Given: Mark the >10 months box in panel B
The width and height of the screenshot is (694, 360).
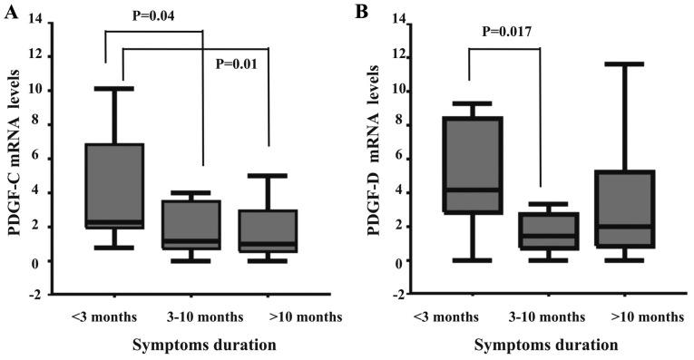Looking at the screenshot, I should pyautogui.click(x=615, y=209).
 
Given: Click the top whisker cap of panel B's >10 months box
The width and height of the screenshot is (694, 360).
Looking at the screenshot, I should pyautogui.click(x=615, y=63).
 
